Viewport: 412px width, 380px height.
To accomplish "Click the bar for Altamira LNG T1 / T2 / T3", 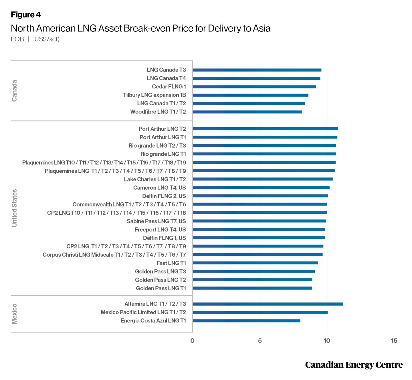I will pos(268,304).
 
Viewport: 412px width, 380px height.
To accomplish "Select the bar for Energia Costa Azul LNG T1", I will pos(246,321).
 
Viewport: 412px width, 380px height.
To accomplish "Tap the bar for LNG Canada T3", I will pos(257,70).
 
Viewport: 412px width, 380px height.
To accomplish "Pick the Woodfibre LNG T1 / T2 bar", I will pos(247,112).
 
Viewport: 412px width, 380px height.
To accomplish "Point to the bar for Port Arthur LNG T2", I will pos(265,129).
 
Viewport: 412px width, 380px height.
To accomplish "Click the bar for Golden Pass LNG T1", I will pos(252,288).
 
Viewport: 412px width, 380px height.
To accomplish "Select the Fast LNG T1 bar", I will pos(255,263).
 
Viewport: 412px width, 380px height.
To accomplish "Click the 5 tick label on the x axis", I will pos(260,341).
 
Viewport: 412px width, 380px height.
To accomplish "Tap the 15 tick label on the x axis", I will pos(394,341).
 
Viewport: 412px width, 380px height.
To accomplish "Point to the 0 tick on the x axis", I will pos(192,341).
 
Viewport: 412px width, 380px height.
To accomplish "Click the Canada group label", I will pos(14,91).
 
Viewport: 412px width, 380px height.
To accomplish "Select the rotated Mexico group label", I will pos(14,314).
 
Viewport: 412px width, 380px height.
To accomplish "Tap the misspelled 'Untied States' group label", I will pos(14,208).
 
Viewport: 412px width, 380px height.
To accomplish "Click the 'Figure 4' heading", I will pos(26,15).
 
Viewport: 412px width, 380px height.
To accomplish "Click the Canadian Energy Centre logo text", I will pos(354,365).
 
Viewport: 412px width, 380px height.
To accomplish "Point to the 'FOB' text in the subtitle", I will pos(17,39).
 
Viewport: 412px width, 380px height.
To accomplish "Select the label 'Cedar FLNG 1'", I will pos(169,87).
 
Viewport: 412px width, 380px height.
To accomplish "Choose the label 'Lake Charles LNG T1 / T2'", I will pos(155,179).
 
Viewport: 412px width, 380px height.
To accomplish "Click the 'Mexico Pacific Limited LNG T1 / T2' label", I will pos(143,312).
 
